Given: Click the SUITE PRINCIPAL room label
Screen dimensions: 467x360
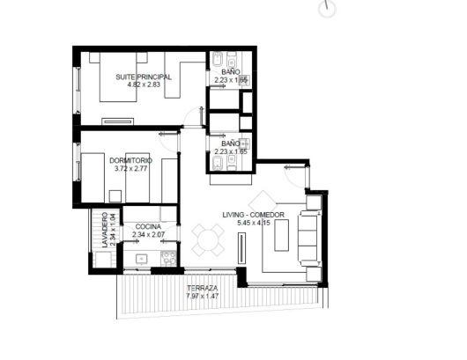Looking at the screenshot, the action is [144, 77].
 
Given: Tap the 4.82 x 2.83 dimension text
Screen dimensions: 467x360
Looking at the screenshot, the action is [144, 84].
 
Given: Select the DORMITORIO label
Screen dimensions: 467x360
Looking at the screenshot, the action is [130, 161].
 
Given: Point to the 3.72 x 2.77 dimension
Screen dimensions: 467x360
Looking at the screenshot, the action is [130, 169].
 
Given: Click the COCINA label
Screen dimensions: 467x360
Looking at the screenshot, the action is [148, 227].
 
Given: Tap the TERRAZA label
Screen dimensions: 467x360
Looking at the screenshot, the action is [203, 288].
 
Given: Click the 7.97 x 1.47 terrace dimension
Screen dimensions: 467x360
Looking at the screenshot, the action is [203, 296].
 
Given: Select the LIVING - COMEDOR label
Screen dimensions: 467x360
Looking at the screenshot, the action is [253, 215].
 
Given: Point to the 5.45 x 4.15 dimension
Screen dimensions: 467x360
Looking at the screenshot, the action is [254, 223].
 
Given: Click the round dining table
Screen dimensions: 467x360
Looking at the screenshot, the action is [208, 239].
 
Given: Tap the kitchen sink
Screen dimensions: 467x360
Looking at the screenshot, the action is [142, 259].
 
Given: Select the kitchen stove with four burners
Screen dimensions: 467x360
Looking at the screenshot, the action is [168, 258].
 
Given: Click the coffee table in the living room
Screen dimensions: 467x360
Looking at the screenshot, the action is [281, 235].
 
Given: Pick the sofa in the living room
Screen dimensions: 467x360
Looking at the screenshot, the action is [310, 238].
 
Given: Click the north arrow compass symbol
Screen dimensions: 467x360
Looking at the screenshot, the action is [327, 8].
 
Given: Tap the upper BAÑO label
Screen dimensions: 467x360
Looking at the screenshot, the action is [231, 72].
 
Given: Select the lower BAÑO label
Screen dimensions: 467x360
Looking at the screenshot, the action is [231, 143].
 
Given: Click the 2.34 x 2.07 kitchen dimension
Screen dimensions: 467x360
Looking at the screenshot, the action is [148, 234].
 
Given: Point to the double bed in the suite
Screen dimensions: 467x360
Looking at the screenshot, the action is [118, 77].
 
